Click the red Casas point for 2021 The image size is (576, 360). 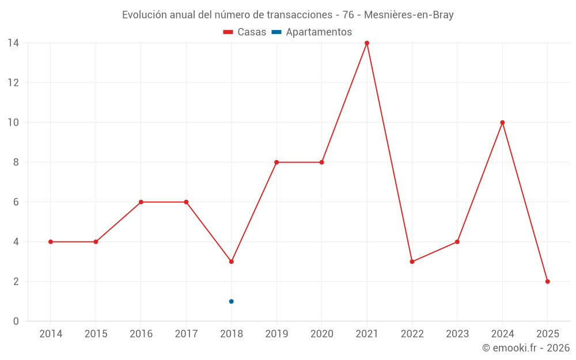(367, 43)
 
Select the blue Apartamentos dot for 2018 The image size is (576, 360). (232, 301)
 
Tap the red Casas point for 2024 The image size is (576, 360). (502, 123)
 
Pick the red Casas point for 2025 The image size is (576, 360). (548, 282)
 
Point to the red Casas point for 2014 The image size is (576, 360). (51, 242)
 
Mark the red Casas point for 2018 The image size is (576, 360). (232, 262)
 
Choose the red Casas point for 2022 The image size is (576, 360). (412, 262)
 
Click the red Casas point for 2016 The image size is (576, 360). (141, 202)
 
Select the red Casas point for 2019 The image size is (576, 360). (276, 162)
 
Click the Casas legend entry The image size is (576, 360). (245, 32)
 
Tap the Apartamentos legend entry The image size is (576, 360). (312, 32)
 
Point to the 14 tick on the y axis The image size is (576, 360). (13, 43)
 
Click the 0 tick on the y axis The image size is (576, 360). (16, 321)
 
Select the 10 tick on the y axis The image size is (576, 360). (13, 123)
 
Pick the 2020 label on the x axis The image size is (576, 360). (322, 334)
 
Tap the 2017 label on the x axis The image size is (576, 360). (186, 334)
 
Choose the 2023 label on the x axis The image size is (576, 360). (457, 334)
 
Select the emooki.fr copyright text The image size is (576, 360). (526, 348)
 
